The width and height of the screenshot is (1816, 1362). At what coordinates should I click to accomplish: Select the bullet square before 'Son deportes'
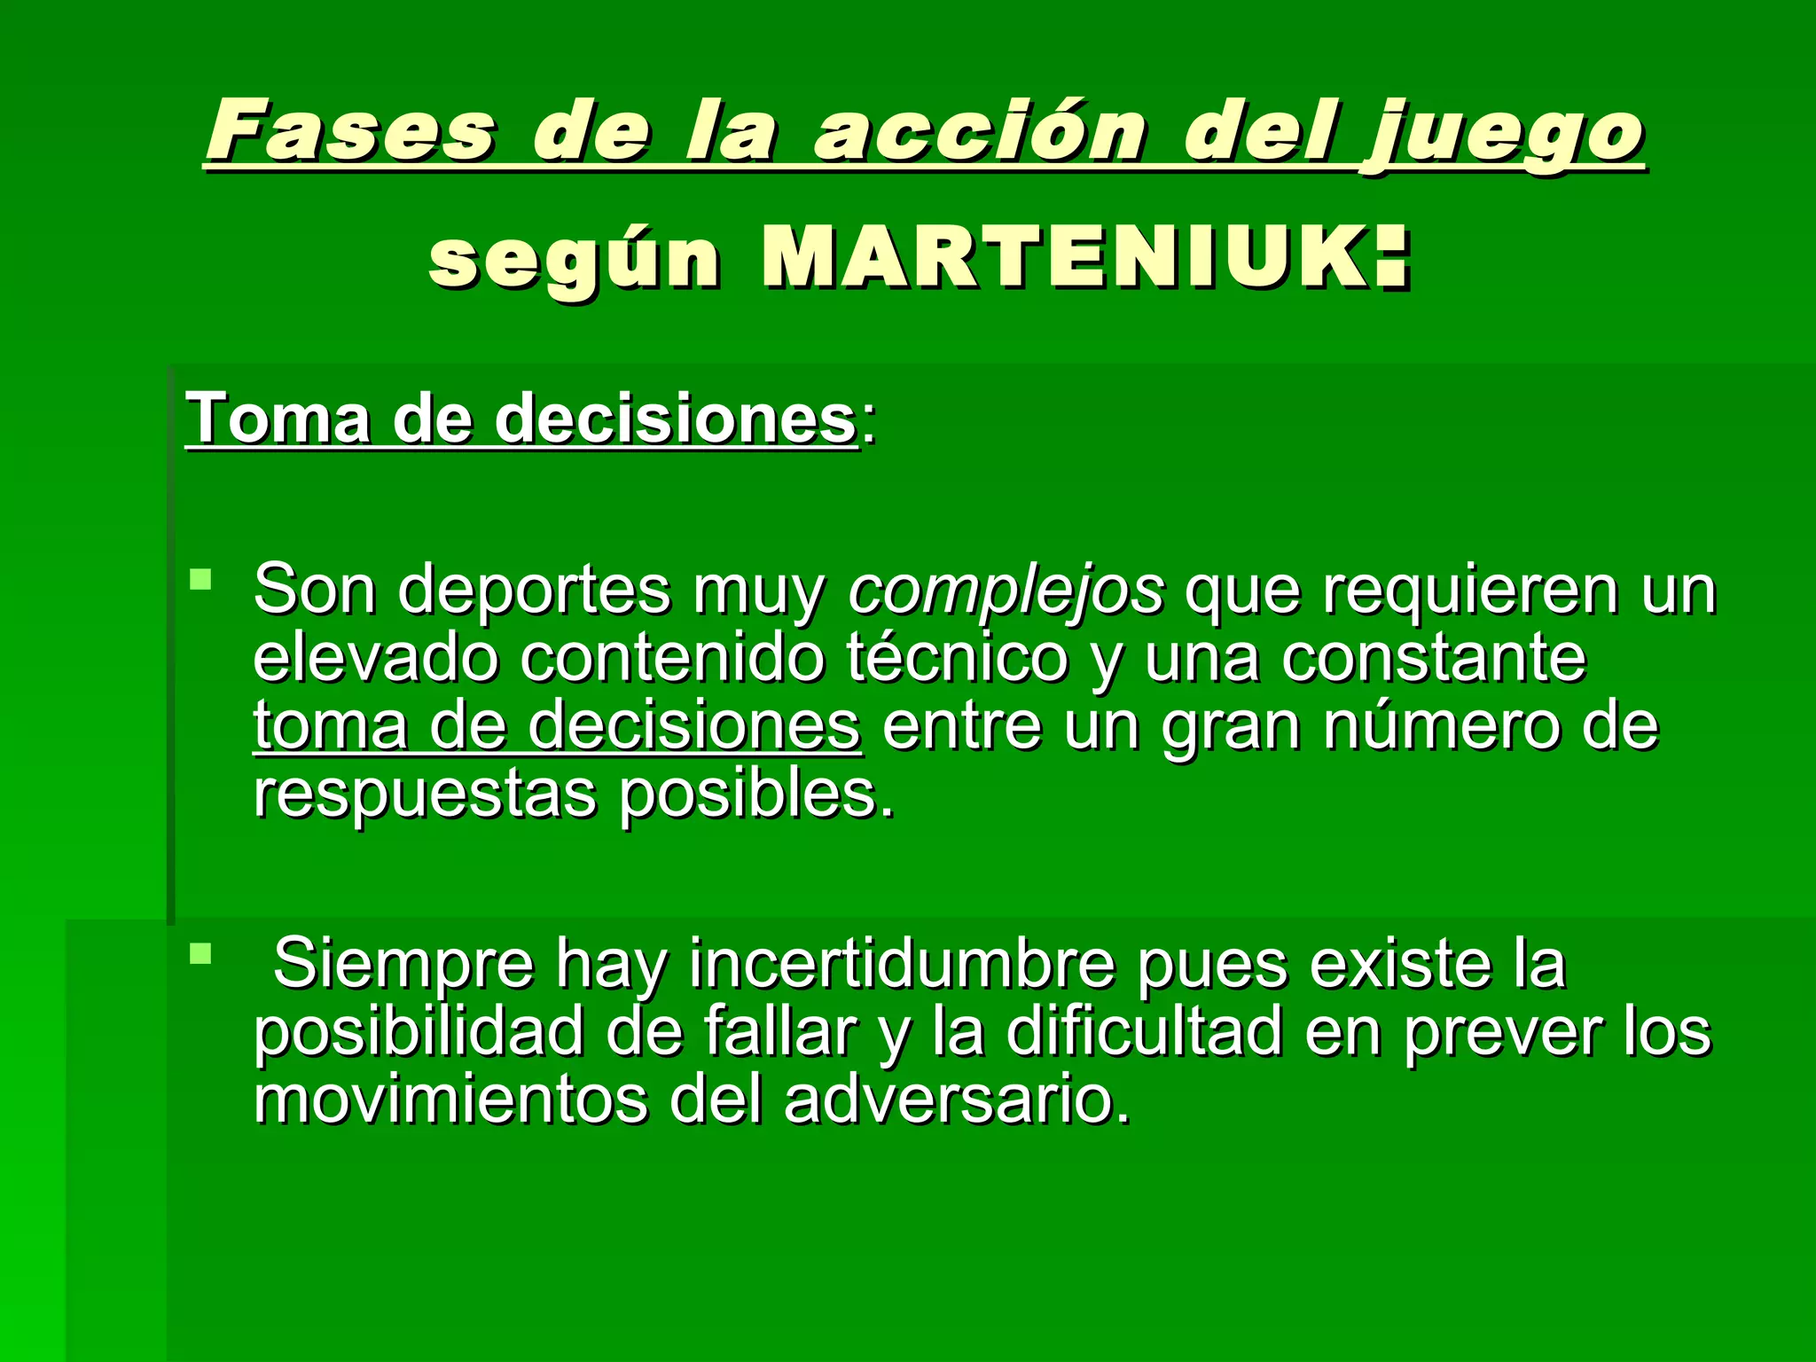[x=200, y=581]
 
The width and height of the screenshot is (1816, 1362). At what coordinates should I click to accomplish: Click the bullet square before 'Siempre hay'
[x=200, y=955]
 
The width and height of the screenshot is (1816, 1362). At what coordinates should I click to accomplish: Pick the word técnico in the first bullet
[x=958, y=658]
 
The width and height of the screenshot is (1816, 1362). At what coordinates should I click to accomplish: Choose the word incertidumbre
[x=901, y=964]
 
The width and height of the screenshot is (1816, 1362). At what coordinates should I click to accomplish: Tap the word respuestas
[x=425, y=794]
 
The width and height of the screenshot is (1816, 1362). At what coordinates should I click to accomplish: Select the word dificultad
[x=1144, y=1032]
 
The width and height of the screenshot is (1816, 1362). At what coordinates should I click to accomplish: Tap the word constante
[x=1433, y=658]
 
